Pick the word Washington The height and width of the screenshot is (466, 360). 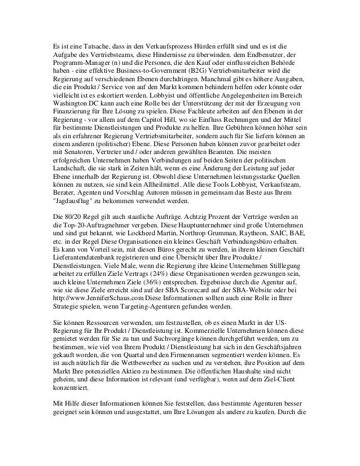[67, 104]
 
